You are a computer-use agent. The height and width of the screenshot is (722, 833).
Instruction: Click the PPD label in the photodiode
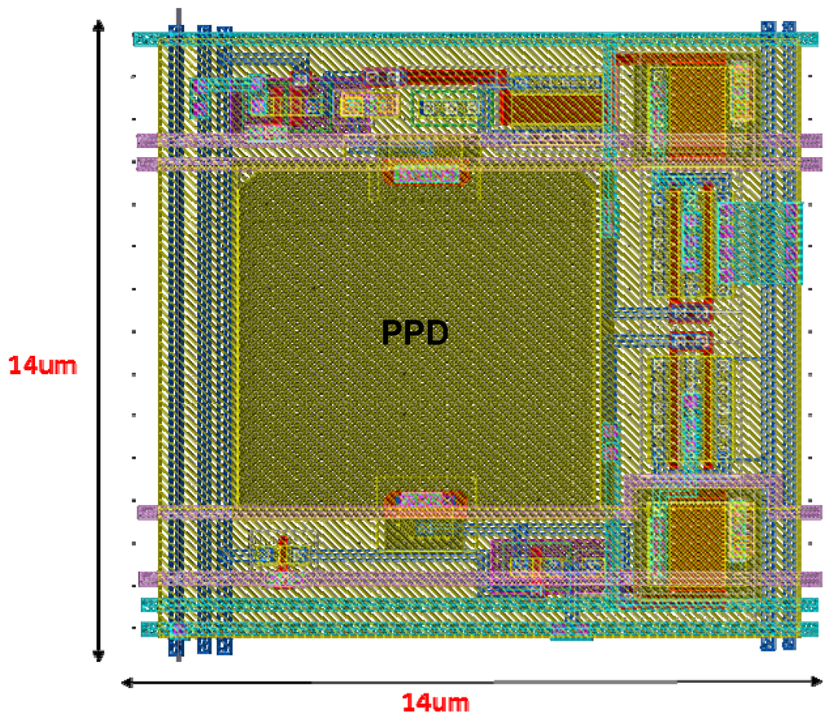click(x=415, y=333)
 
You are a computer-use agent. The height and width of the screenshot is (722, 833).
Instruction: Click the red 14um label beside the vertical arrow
click(x=42, y=365)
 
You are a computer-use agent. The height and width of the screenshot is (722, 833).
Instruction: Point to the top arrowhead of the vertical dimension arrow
click(x=98, y=26)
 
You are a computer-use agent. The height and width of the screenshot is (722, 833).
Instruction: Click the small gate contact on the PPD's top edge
click(x=426, y=175)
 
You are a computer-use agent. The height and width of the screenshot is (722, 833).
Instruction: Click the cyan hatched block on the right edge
click(x=761, y=242)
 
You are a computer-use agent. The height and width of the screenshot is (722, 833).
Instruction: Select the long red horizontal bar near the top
click(x=452, y=77)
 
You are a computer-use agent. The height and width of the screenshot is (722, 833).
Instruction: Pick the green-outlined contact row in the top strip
click(x=448, y=107)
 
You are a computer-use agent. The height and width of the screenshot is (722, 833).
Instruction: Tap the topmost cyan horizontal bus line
click(x=476, y=38)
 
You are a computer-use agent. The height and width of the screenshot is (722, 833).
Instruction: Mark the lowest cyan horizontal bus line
click(x=480, y=628)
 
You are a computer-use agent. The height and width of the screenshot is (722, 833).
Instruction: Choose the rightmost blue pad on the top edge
click(x=788, y=28)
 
